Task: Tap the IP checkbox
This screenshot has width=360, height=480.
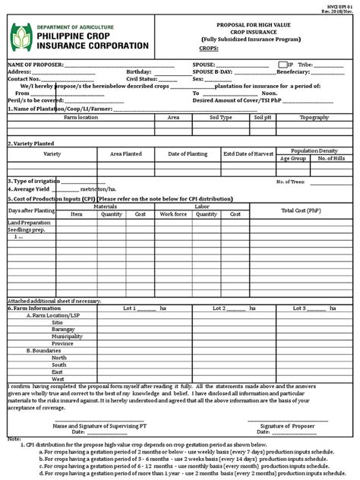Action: coord(282,65)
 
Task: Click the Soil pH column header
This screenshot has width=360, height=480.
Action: coord(262,118)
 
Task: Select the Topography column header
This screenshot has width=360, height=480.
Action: coord(314,118)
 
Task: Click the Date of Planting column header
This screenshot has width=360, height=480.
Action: coord(187,154)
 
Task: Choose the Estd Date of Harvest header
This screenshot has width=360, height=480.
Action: coord(248,154)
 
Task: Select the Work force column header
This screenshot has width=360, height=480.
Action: coord(172,214)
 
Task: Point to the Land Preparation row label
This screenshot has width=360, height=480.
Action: coord(28,223)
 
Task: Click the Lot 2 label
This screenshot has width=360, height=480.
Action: coord(220,308)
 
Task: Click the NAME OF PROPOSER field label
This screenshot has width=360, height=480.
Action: coord(36,65)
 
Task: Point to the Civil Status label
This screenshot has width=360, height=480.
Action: coord(143,79)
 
